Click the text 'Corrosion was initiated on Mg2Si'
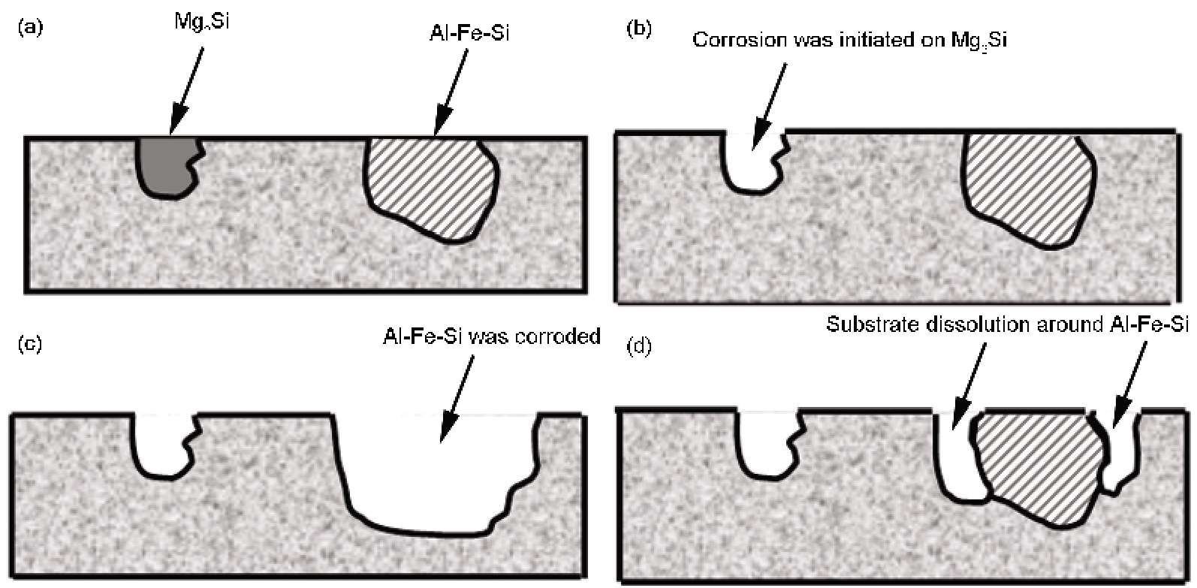point(849,40)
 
